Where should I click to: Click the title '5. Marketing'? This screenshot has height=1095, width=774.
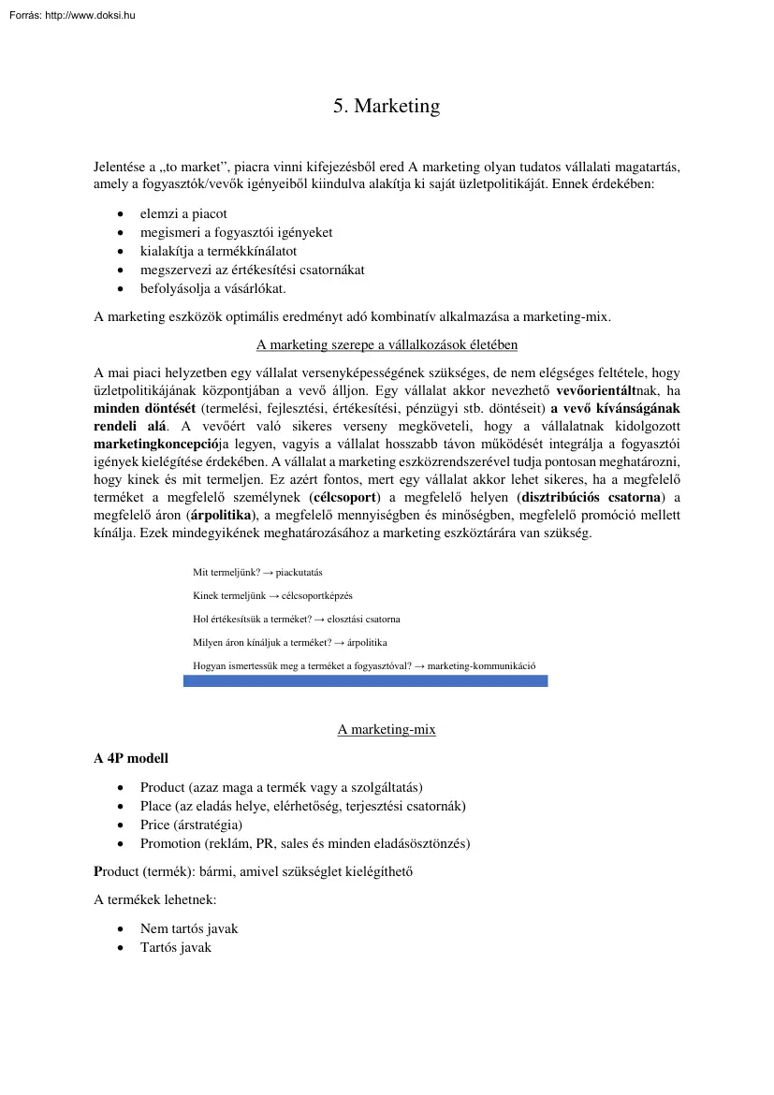387,107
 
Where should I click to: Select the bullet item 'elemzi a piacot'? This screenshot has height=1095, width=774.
183,213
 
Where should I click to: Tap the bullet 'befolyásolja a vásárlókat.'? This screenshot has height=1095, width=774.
213,288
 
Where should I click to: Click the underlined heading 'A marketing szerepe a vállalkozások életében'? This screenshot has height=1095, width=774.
387,344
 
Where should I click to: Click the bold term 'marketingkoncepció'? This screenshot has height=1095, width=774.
154,445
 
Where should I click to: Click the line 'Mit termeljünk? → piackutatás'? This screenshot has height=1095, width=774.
257,572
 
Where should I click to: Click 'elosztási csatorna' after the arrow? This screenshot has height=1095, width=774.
363,620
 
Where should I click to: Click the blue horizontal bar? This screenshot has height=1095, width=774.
365,682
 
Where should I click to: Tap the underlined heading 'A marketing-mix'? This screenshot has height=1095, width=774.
387,729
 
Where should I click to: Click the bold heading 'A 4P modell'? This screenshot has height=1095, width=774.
131,758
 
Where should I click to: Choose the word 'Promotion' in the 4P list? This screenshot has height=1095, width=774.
170,843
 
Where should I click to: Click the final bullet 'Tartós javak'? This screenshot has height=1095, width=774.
176,947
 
